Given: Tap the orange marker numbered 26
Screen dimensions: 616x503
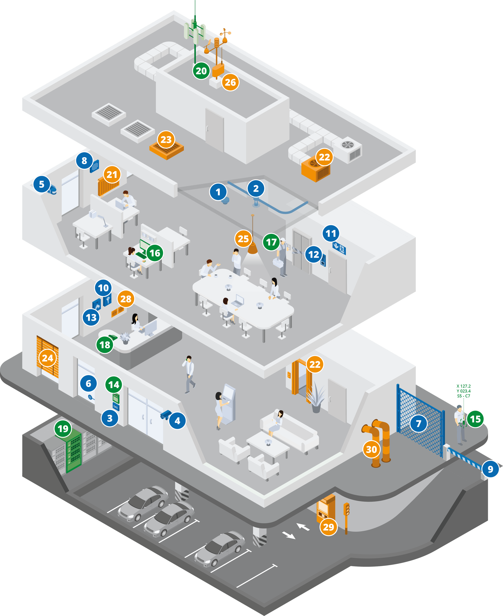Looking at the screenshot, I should tap(230, 82).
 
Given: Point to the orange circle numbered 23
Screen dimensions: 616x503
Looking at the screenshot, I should tap(166, 140).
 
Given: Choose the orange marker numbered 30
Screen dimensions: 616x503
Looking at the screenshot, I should tap(371, 449).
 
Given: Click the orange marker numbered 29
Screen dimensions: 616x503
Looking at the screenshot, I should tap(328, 527).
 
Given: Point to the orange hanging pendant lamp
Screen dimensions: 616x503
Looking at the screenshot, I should tap(253, 247).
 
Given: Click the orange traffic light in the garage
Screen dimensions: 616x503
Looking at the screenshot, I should tap(346, 514).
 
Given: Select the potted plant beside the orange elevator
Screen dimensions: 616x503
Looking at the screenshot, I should tap(316, 398).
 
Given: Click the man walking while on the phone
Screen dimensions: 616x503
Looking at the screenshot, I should tap(189, 373).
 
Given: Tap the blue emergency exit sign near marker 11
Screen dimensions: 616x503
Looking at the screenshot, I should tap(339, 248).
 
